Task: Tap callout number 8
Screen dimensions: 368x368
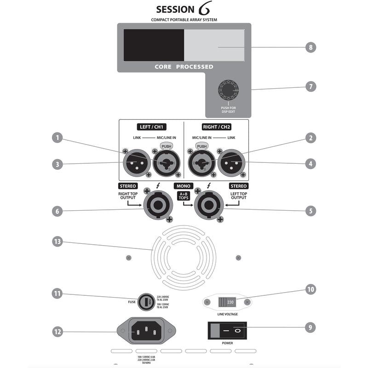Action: point(311,47)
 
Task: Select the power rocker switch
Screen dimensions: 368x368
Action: point(227,330)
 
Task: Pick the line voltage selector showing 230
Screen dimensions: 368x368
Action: point(227,302)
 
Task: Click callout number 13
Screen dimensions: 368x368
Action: point(57,241)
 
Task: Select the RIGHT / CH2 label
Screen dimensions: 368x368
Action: point(216,127)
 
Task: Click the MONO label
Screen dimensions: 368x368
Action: point(183,186)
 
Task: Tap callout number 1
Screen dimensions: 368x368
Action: point(57,137)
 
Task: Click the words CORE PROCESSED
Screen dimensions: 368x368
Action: point(184,67)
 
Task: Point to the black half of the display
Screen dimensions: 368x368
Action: point(154,45)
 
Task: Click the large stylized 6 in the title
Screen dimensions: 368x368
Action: point(205,9)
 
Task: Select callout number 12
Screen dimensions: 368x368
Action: point(57,331)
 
